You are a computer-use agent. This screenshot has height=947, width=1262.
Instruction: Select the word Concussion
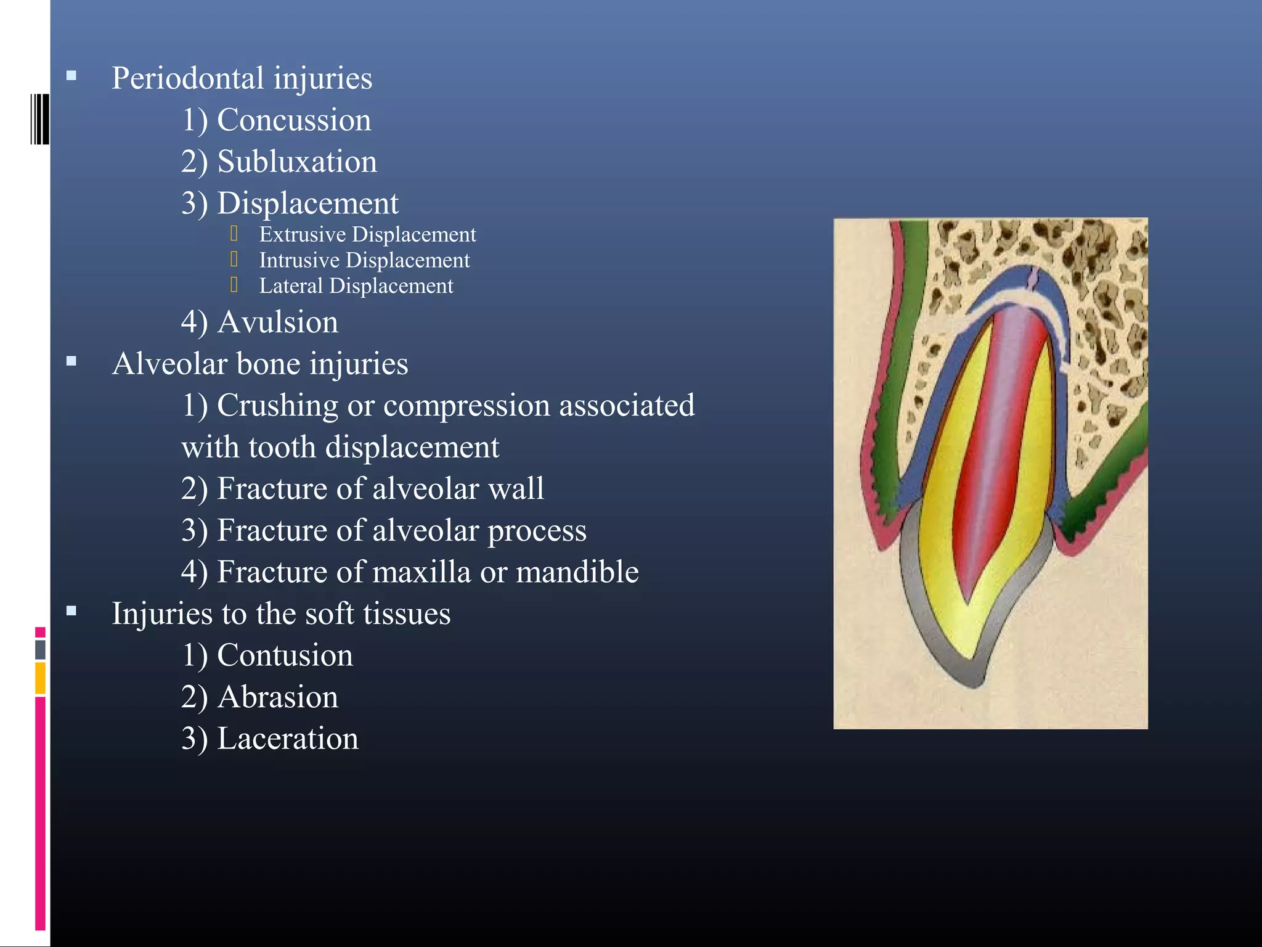click(x=294, y=120)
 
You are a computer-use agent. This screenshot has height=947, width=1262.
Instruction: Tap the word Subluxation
click(x=297, y=162)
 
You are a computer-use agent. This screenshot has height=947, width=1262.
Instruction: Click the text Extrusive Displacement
click(x=367, y=235)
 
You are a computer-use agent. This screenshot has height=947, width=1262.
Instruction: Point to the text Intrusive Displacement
click(x=364, y=261)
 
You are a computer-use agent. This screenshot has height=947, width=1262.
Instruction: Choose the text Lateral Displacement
click(x=356, y=286)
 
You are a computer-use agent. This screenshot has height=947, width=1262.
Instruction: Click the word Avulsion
click(x=278, y=322)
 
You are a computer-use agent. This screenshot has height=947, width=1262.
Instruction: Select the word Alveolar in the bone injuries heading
click(x=169, y=364)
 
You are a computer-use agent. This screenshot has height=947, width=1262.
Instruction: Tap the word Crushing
click(x=277, y=406)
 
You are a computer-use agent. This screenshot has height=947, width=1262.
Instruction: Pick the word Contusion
click(x=285, y=655)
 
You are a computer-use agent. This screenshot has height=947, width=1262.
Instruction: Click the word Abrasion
click(x=278, y=697)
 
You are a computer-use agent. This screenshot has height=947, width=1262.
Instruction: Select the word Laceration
click(x=288, y=739)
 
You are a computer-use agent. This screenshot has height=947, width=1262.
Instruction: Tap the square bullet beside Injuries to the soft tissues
click(x=71, y=611)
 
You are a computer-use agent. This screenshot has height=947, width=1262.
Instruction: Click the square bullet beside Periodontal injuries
click(x=71, y=76)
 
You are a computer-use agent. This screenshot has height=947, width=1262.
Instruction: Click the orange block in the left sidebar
click(x=40, y=678)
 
